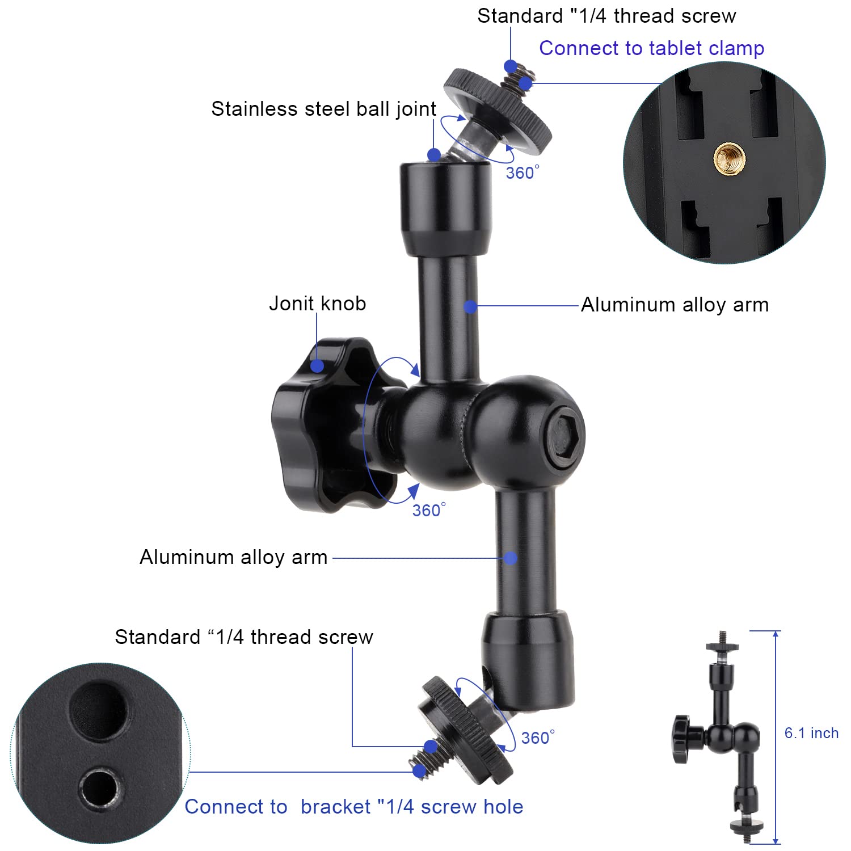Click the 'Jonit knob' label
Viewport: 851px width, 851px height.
point(317,304)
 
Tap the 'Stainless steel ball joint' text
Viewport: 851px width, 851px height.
point(323,109)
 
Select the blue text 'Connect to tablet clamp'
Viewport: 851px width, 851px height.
point(651,48)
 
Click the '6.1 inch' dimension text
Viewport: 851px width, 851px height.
point(811,733)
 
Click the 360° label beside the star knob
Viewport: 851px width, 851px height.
point(429,510)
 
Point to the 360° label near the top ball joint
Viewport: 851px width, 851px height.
point(523,172)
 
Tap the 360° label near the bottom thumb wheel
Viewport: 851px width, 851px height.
point(538,738)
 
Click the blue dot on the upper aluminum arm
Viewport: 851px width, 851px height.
point(470,306)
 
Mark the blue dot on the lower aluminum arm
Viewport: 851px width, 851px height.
point(511,558)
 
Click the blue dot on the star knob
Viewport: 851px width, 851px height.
point(317,365)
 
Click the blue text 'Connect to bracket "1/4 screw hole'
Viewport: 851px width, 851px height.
point(354,807)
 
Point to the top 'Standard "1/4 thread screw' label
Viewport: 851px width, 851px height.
point(606,16)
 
